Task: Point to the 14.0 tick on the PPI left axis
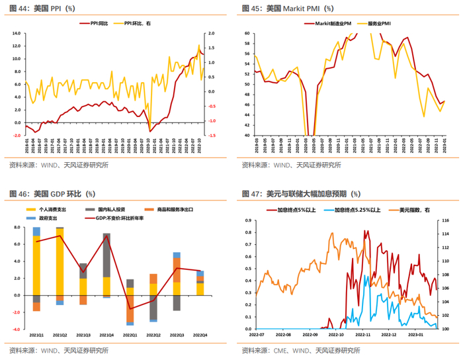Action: pos(17,33)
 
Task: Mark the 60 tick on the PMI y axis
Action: pos(246,33)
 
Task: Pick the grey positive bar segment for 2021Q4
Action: pos(106,255)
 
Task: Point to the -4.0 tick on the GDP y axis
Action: pos(17,329)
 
